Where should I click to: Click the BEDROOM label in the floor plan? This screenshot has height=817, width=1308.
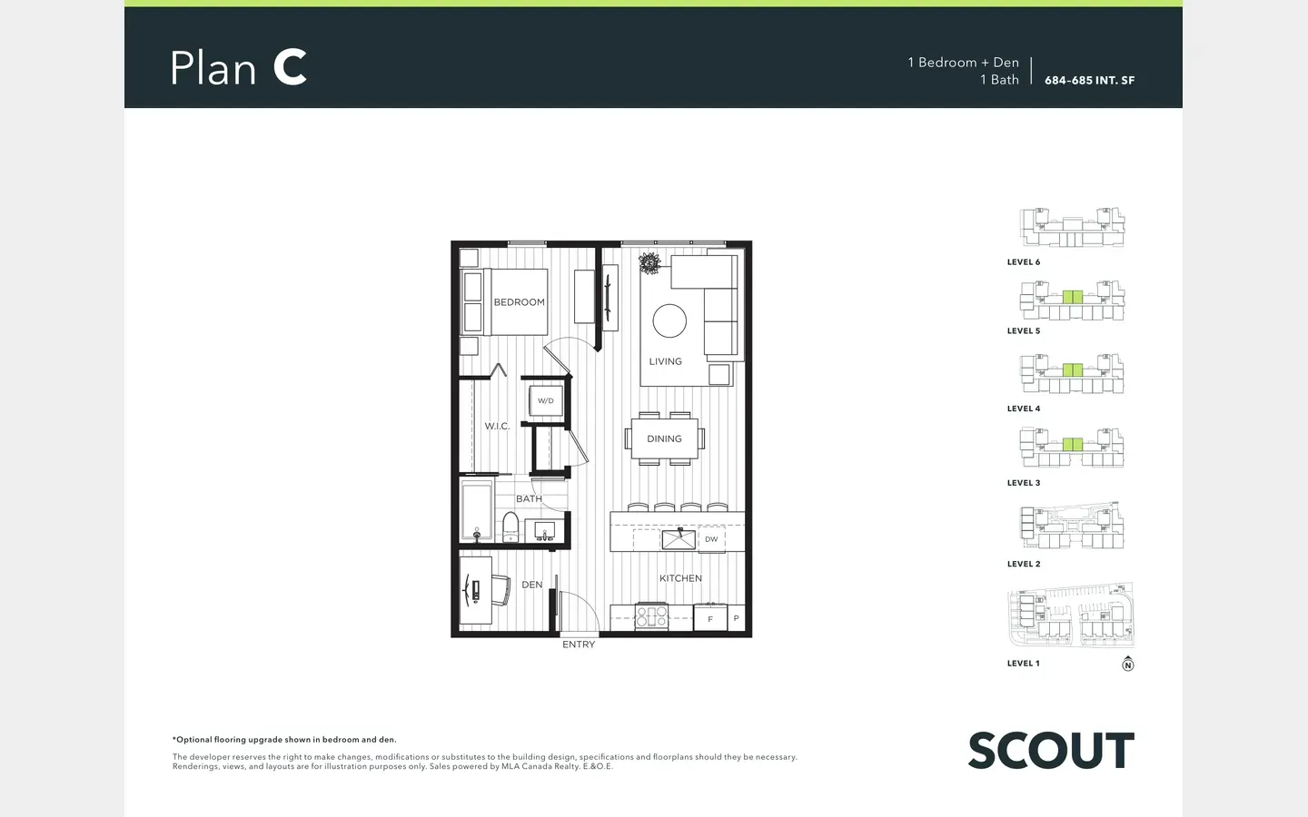point(520,302)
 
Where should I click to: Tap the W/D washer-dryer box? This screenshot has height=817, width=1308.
point(545,401)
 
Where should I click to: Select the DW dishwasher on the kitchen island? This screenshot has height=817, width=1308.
point(711,539)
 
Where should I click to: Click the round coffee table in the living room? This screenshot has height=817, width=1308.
point(669,321)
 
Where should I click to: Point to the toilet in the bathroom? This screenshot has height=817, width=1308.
point(510,527)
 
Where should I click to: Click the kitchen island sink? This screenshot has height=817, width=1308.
point(679,539)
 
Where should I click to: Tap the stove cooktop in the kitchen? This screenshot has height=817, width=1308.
point(651,616)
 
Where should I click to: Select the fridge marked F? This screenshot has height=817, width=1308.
point(710,618)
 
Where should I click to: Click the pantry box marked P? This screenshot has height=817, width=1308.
point(737,617)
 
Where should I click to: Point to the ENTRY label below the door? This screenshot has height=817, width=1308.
point(579,645)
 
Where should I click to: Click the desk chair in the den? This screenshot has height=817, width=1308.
point(501,590)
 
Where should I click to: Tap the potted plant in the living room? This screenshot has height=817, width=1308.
point(649,263)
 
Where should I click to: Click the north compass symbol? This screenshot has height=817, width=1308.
point(1127,664)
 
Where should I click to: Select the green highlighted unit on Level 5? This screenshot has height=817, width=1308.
point(1072,297)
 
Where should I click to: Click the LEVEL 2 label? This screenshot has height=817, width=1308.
point(1024,564)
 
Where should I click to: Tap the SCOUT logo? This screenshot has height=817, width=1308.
point(1051,750)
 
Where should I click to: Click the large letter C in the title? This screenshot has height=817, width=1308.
point(290,67)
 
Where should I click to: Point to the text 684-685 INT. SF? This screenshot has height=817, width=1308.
point(1090,81)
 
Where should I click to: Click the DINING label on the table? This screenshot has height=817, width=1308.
point(665,438)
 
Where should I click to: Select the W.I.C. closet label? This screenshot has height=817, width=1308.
point(497,426)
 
